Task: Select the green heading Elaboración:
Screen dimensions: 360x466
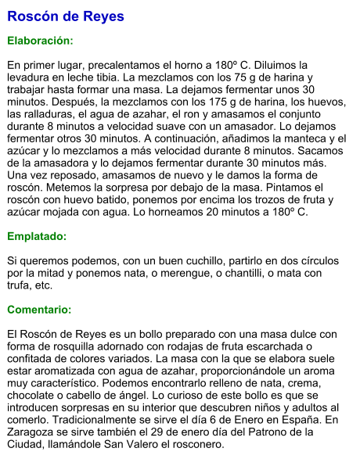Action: [x=40, y=40]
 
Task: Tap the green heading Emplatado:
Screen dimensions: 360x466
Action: [x=37, y=235]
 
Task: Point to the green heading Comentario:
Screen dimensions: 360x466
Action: [x=39, y=310]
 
